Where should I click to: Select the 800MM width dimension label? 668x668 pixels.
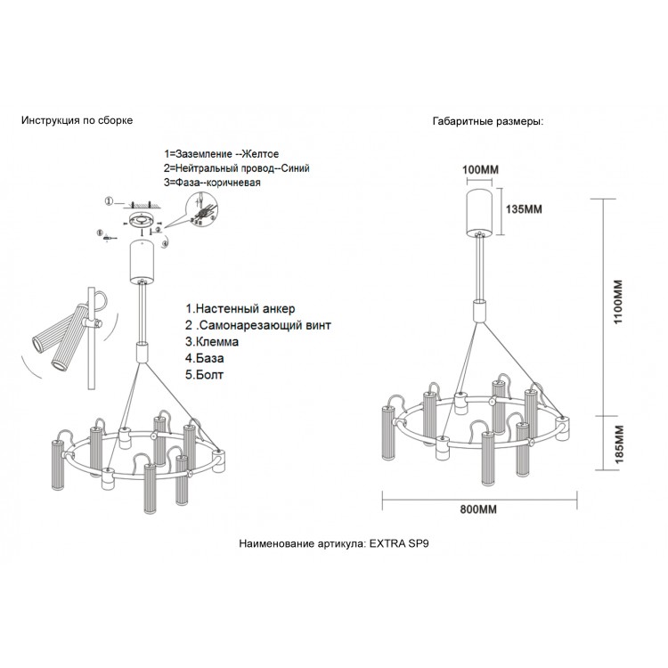coord(477,509)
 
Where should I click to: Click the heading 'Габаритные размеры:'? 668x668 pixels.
coord(488,122)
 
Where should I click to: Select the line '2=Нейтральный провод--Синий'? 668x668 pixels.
coord(237,168)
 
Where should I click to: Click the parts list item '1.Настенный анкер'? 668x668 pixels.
coord(240,308)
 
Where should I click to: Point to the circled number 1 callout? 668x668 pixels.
coord(108,202)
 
